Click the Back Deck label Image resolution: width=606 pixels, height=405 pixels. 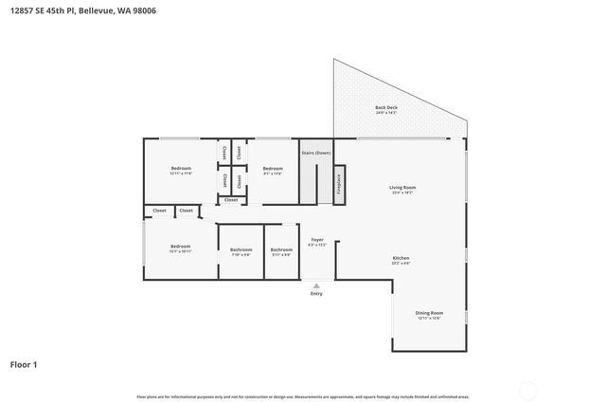pyautogui.click(x=386, y=108)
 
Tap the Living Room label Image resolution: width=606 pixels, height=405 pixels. pyautogui.click(x=402, y=187)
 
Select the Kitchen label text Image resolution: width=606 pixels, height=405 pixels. pyautogui.click(x=401, y=258)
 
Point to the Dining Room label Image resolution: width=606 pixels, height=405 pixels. pyautogui.click(x=429, y=312)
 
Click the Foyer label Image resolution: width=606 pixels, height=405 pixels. pyautogui.click(x=317, y=239)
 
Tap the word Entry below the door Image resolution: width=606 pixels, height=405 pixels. pyautogui.click(x=316, y=293)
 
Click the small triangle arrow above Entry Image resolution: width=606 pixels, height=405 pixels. pyautogui.click(x=316, y=285)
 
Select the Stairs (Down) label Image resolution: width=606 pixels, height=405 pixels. pyautogui.click(x=316, y=153)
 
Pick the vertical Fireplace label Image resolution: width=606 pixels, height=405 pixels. pyautogui.click(x=339, y=184)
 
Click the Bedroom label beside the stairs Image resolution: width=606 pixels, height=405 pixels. pyautogui.click(x=273, y=169)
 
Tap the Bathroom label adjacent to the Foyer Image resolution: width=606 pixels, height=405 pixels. pyautogui.click(x=281, y=249)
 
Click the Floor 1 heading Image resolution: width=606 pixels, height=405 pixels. pyautogui.click(x=25, y=363)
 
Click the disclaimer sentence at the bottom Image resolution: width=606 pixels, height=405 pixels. pyautogui.click(x=302, y=396)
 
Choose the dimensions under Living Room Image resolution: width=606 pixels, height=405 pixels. pyautogui.click(x=402, y=193)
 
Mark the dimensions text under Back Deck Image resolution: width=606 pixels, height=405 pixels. pyautogui.click(x=386, y=114)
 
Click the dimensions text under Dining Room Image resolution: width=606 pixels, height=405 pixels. pyautogui.click(x=429, y=318)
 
